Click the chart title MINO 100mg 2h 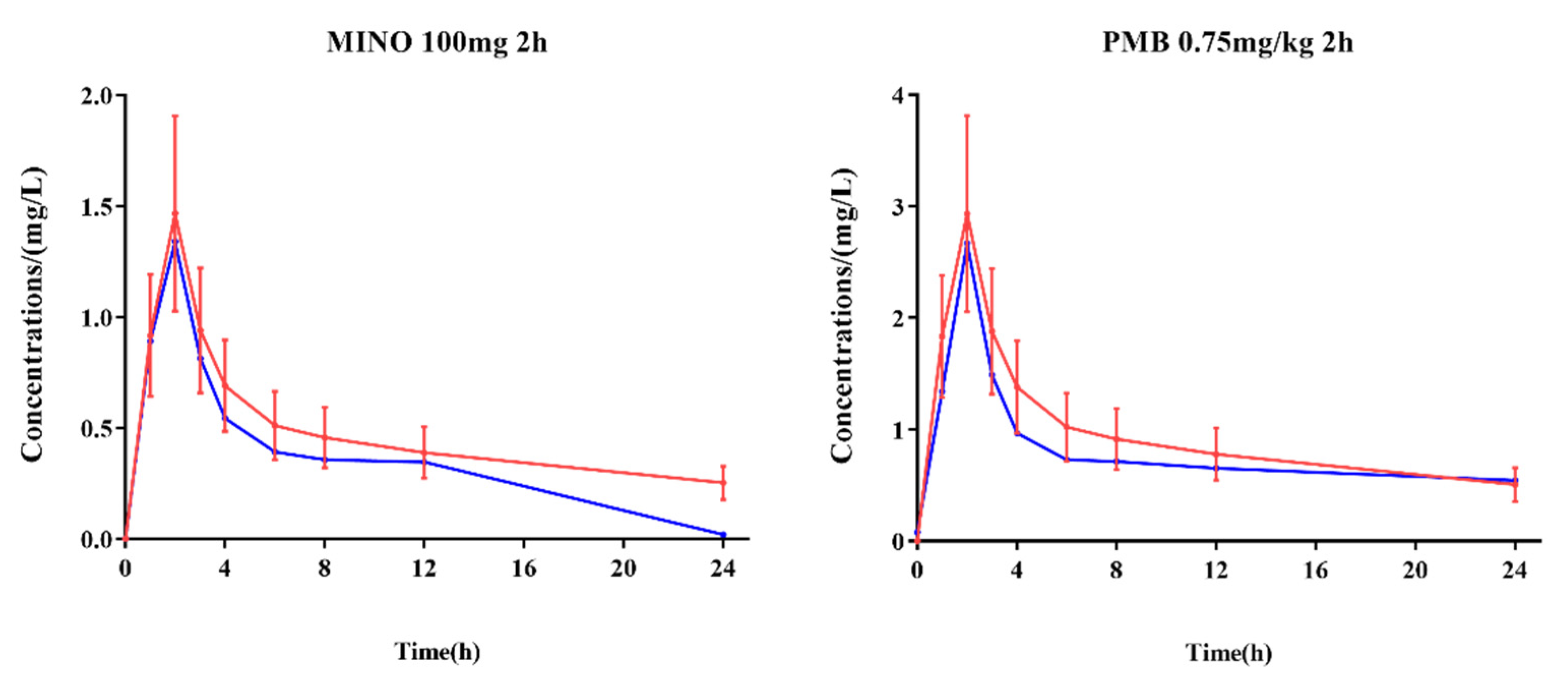436,43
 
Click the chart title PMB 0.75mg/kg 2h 1228,43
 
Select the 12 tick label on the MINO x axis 424,569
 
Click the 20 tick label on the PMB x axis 1415,571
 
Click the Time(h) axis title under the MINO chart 437,652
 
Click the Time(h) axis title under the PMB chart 1228,653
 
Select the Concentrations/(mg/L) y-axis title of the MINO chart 34,314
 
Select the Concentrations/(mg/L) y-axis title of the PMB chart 842,315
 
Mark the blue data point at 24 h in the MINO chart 723,535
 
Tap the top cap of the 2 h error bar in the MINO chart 175,115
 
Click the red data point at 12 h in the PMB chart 1216,454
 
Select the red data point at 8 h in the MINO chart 324,437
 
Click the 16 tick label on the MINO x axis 523,569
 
